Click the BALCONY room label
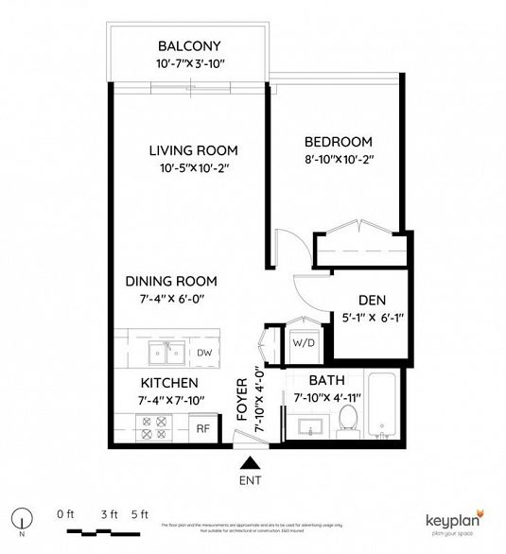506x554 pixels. (189, 45)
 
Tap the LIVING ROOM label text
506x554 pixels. (193, 150)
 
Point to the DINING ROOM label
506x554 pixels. (172, 281)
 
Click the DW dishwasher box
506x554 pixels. (203, 353)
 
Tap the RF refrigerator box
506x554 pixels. (202, 427)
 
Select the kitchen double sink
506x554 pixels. (164, 354)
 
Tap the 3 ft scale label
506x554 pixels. (109, 513)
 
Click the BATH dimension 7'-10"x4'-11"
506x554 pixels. (328, 398)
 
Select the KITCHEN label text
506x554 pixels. (169, 383)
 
